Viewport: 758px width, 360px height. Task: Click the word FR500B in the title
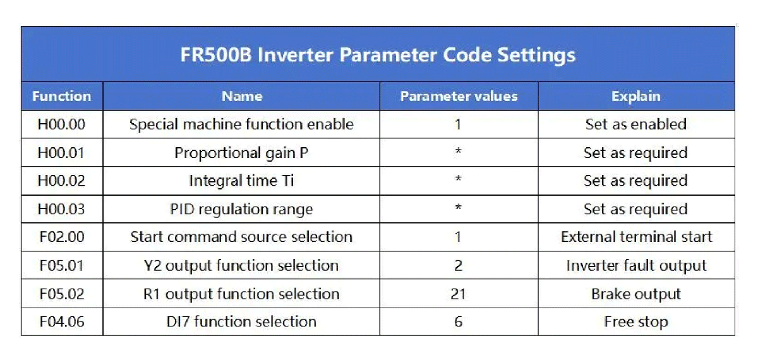pos(216,55)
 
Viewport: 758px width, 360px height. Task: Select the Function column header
pos(62,97)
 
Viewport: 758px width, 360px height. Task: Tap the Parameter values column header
pos(459,97)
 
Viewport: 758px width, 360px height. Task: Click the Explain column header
pos(636,97)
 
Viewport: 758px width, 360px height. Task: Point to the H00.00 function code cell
pos(62,124)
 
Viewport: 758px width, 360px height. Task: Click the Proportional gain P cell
pos(241,153)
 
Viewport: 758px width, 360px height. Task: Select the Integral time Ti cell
pos(241,181)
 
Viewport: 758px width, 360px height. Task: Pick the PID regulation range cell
pos(241,210)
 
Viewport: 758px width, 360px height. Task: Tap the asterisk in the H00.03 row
pos(458,207)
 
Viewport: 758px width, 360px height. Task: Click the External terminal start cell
pos(636,237)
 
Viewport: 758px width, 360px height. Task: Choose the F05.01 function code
pos(62,266)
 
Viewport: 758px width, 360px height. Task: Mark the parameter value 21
pos(458,294)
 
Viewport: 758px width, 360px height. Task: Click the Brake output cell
pos(636,294)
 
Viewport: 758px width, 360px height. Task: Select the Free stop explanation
pos(636,322)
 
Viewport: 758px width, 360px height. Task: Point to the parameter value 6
pos(458,321)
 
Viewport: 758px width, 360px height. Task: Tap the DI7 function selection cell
pos(241,321)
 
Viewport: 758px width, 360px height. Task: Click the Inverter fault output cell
pos(636,266)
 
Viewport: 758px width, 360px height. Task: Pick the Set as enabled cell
pos(636,124)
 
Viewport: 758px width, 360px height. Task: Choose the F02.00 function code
pos(62,237)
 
